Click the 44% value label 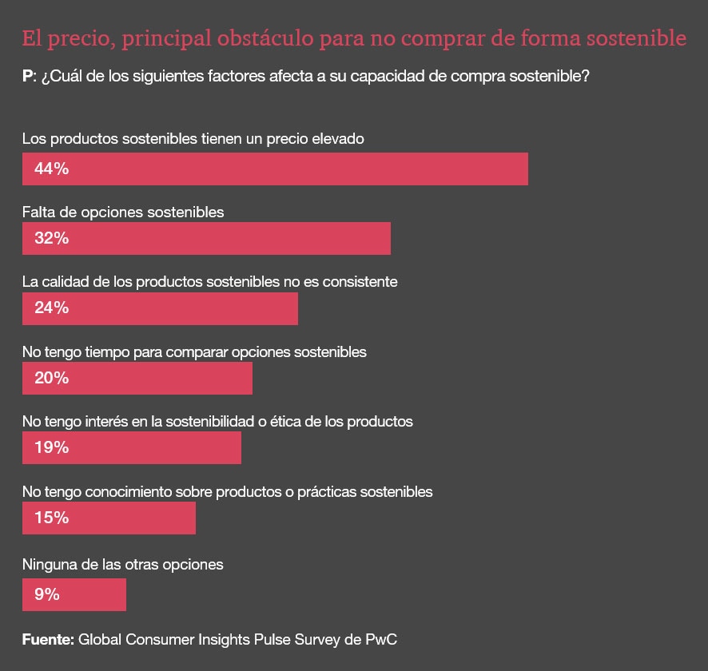point(51,169)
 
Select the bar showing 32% point(206,238)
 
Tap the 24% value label point(51,308)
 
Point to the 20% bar point(137,378)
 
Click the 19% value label point(51,447)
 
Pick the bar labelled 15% point(109,518)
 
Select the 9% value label point(47,594)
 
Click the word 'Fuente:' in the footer point(48,639)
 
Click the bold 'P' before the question point(28,77)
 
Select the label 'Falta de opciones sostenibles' point(123,212)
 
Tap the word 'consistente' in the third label point(362,282)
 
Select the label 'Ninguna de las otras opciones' point(122,564)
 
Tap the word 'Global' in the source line point(100,639)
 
